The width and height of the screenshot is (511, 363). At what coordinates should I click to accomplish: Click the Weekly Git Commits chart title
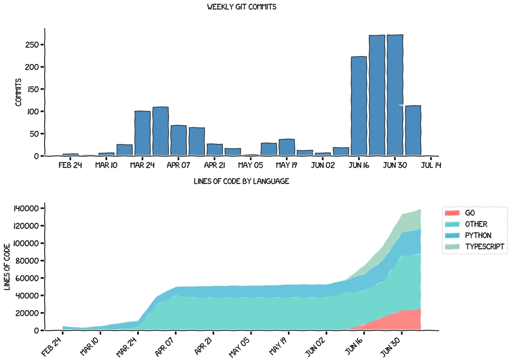[241, 7]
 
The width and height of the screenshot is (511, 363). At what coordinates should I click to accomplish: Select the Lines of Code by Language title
[241, 181]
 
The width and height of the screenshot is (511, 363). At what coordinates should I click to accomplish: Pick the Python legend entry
[478, 236]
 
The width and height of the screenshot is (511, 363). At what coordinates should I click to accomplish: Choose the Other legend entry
[476, 224]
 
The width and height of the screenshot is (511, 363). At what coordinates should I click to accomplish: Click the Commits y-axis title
[18, 92]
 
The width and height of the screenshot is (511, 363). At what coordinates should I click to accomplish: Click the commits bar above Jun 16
[359, 107]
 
